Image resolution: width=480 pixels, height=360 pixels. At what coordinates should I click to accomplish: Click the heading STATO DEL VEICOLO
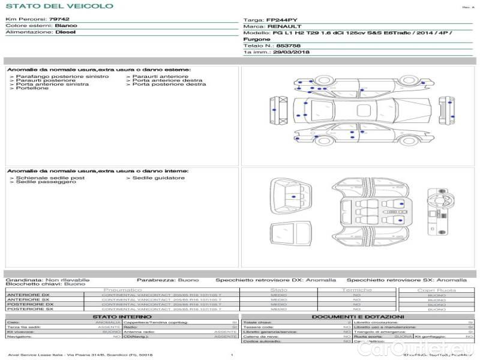(x=59, y=6)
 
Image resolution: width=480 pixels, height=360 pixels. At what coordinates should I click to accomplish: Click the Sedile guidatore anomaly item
(x=158, y=178)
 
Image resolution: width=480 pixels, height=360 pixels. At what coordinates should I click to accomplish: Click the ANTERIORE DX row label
(x=28, y=295)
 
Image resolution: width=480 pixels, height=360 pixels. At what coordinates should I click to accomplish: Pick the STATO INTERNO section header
(x=122, y=316)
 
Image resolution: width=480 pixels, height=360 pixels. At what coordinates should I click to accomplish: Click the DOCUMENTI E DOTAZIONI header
(x=358, y=316)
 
